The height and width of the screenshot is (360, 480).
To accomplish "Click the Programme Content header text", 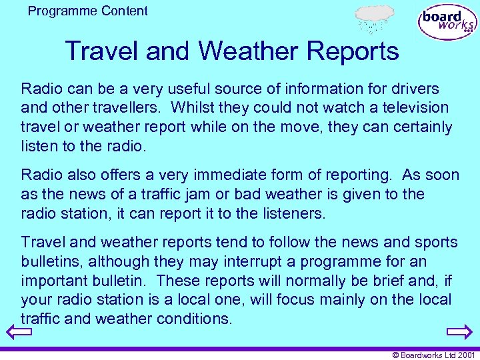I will [x=88, y=11].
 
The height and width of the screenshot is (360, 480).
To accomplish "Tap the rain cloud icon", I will [x=374, y=18].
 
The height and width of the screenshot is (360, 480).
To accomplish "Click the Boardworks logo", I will [x=447, y=22].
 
